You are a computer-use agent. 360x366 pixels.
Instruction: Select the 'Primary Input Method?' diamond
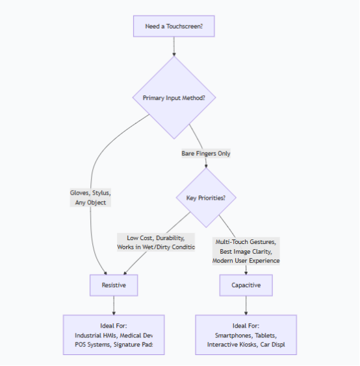point(174,98)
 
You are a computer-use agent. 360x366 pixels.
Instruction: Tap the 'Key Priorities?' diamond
point(206,197)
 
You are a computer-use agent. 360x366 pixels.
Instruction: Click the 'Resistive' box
point(114,285)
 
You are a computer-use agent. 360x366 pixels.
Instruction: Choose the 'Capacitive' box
point(246,285)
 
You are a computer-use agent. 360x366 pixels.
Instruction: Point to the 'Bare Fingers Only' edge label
point(206,153)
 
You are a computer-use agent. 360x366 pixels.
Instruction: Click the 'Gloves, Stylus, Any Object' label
point(91,197)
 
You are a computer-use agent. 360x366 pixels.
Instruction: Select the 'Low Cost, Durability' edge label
point(156,242)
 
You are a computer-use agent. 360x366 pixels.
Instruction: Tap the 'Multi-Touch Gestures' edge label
point(246,241)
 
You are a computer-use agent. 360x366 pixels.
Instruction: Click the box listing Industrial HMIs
point(114,334)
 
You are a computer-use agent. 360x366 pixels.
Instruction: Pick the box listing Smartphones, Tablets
point(246,334)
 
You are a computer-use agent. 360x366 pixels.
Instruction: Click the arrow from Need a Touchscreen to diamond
point(174,47)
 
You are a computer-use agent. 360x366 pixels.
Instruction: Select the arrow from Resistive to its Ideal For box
point(114,305)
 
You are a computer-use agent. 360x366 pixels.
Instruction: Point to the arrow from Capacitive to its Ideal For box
point(246,305)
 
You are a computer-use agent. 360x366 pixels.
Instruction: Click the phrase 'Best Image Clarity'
point(246,250)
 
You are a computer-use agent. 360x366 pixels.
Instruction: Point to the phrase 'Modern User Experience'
point(246,260)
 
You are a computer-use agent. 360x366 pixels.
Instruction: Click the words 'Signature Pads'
point(139,344)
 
